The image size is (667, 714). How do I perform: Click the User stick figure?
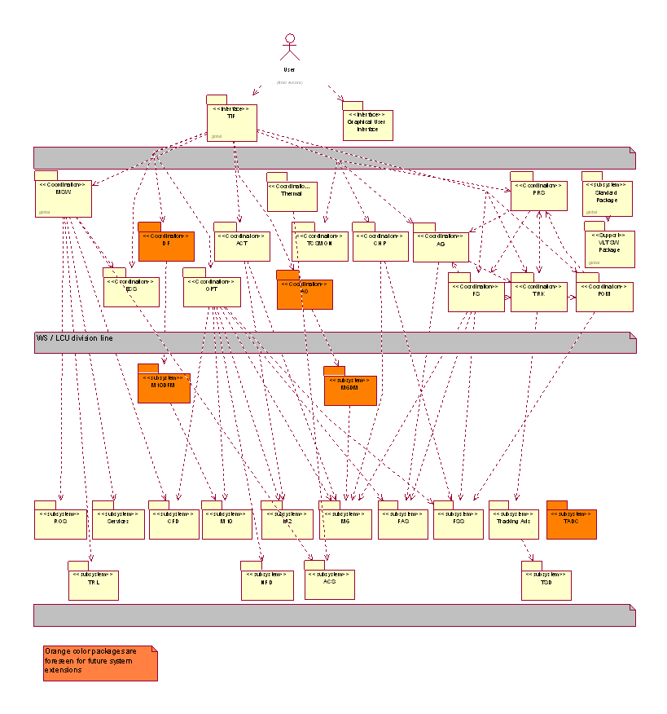(x=289, y=48)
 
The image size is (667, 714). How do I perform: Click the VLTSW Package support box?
(x=609, y=248)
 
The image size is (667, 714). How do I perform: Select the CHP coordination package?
(x=380, y=245)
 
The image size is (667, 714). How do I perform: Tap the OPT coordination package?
(x=212, y=292)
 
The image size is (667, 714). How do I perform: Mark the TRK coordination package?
(x=538, y=296)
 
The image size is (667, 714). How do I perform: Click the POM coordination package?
(x=604, y=296)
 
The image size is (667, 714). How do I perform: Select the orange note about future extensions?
(x=100, y=663)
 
